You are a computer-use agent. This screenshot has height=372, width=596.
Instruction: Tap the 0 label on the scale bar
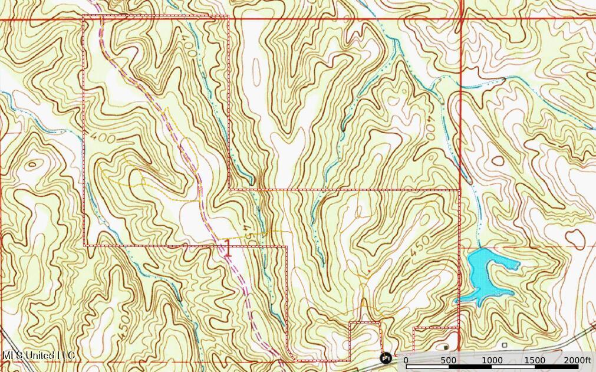[x=406, y=360]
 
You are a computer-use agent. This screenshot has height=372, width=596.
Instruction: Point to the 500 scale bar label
[x=449, y=360]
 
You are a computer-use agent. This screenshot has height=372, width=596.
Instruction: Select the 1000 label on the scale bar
[x=492, y=360]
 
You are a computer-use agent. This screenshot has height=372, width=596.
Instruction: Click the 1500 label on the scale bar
[x=535, y=360]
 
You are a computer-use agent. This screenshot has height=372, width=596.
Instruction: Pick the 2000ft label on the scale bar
[x=577, y=360]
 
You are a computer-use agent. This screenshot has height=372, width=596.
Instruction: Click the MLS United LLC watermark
[x=38, y=355]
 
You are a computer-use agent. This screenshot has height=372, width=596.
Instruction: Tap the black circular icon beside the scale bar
[x=386, y=358]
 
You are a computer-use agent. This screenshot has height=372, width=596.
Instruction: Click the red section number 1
[x=228, y=248]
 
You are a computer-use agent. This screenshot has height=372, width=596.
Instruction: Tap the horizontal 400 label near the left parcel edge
[x=110, y=138]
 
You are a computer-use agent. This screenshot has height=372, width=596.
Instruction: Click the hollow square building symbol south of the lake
[x=505, y=345]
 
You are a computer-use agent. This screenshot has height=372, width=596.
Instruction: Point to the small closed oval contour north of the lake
[x=498, y=160]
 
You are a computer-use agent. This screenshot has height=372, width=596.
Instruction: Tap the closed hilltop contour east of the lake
[x=575, y=238]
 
